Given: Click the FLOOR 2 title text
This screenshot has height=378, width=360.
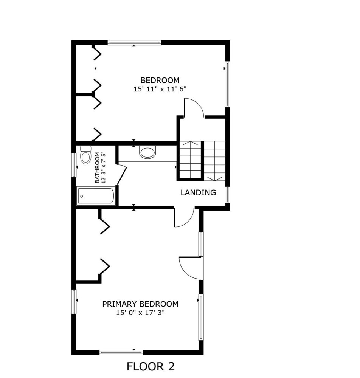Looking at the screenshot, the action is click(x=151, y=366).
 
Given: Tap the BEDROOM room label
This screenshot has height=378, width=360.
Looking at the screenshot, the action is click(x=160, y=80).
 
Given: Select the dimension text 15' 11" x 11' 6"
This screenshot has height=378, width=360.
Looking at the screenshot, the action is click(x=160, y=89).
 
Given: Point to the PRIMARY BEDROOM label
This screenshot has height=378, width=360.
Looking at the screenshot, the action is click(x=140, y=304).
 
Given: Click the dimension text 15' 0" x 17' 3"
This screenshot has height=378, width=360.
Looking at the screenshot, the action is click(x=140, y=313).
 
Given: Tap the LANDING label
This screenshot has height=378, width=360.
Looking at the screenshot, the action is click(x=198, y=193).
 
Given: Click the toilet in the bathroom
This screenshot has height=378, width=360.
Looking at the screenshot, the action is click(x=85, y=155).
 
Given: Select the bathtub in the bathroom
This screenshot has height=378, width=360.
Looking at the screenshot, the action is click(x=96, y=196).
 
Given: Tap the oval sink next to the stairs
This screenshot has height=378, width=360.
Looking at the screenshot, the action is click(x=148, y=152).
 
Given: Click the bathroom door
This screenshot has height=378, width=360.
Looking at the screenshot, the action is click(x=122, y=175).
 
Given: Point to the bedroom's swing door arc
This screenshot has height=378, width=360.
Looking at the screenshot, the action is click(x=194, y=107).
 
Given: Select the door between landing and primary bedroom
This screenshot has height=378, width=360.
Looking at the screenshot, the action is click(x=184, y=217).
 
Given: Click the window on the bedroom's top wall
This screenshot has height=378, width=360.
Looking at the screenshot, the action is click(x=134, y=43).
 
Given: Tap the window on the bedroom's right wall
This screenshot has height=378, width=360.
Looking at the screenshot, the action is click(x=227, y=84).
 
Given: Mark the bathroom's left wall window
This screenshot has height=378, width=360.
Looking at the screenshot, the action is click(x=74, y=165).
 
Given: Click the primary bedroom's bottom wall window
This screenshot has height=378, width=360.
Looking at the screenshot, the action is click(x=121, y=352).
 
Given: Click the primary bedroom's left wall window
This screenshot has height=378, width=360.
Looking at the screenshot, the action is click(x=74, y=302).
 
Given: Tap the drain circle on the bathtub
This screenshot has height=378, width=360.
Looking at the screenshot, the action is click(x=82, y=196).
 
